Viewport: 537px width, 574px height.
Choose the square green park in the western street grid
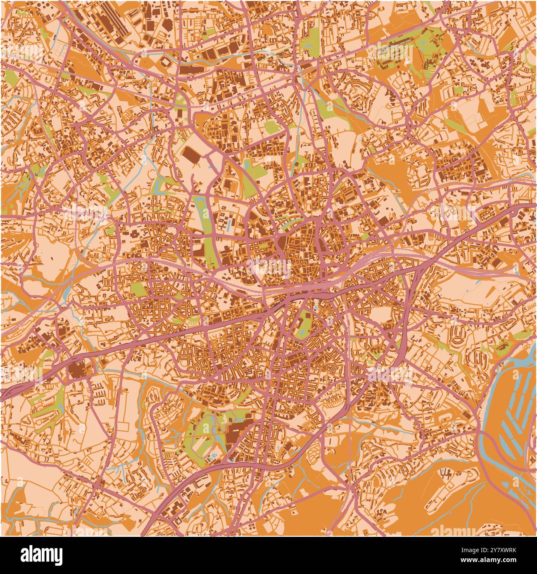tap(139, 289)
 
